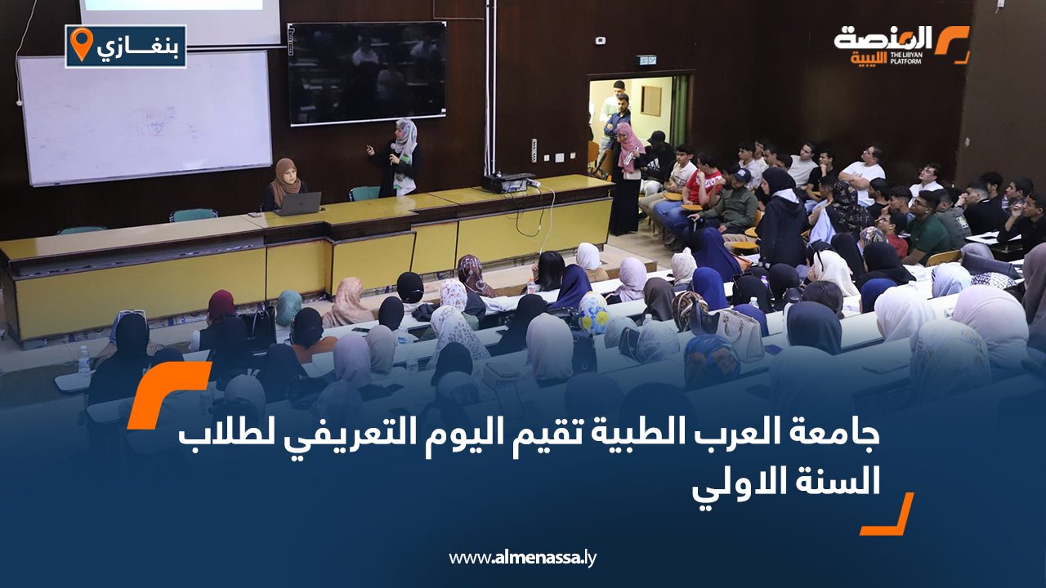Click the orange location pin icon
(x=82, y=44)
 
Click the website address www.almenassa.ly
(x=522, y=557)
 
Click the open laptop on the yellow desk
(x=298, y=204)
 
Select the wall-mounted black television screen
(x=367, y=73)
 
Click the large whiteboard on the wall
(x=145, y=118)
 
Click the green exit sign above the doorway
(x=646, y=60)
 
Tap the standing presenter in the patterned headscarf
(x=400, y=158)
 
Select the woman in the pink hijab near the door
(x=626, y=178)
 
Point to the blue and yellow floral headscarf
(x=593, y=313)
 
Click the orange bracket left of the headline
(x=169, y=394)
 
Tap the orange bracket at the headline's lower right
(x=887, y=514)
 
